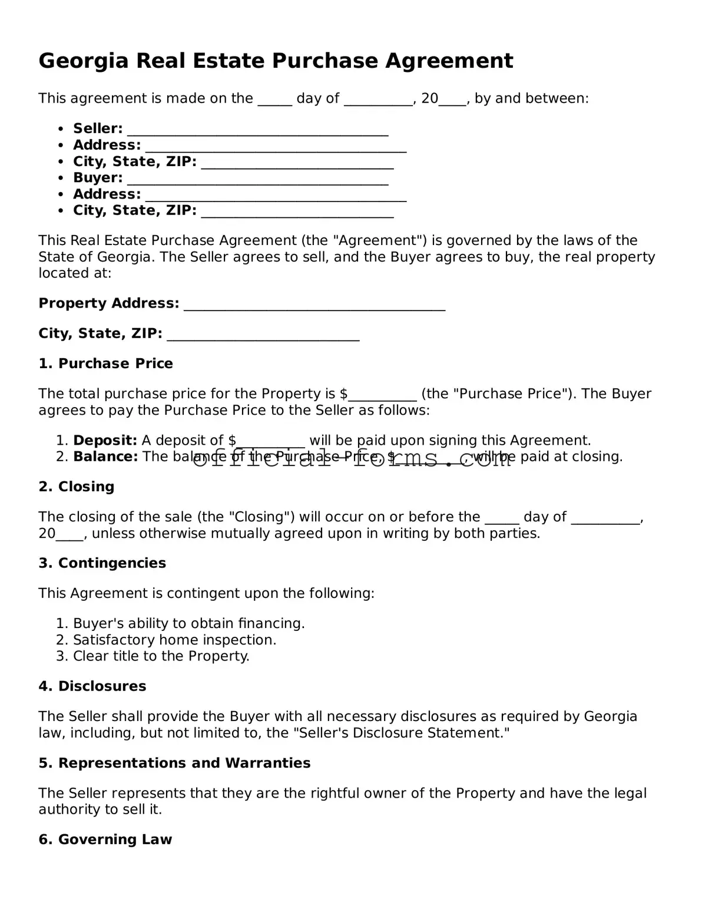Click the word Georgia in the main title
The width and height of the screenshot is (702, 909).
coord(83,61)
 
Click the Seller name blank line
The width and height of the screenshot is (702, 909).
coord(257,129)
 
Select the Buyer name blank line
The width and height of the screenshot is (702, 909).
coord(257,179)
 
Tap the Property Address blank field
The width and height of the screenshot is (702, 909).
coord(314,304)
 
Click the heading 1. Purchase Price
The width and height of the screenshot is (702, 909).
coord(106,363)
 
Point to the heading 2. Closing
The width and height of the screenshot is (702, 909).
coord(77,487)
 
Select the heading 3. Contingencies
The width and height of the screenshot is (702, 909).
coord(102,563)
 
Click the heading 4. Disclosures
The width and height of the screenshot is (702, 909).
coord(92,686)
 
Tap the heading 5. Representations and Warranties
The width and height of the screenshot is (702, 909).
coord(174,763)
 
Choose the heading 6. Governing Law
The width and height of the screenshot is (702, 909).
coord(105,839)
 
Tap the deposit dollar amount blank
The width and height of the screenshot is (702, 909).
coord(271,441)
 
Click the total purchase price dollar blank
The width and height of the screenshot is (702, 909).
coord(383,395)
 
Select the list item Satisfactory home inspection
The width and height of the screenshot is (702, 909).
coord(174,640)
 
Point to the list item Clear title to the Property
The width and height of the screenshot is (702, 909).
coord(161,656)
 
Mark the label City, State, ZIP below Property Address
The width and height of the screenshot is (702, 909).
coord(100,333)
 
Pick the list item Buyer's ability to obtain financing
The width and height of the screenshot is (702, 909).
coord(188,623)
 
